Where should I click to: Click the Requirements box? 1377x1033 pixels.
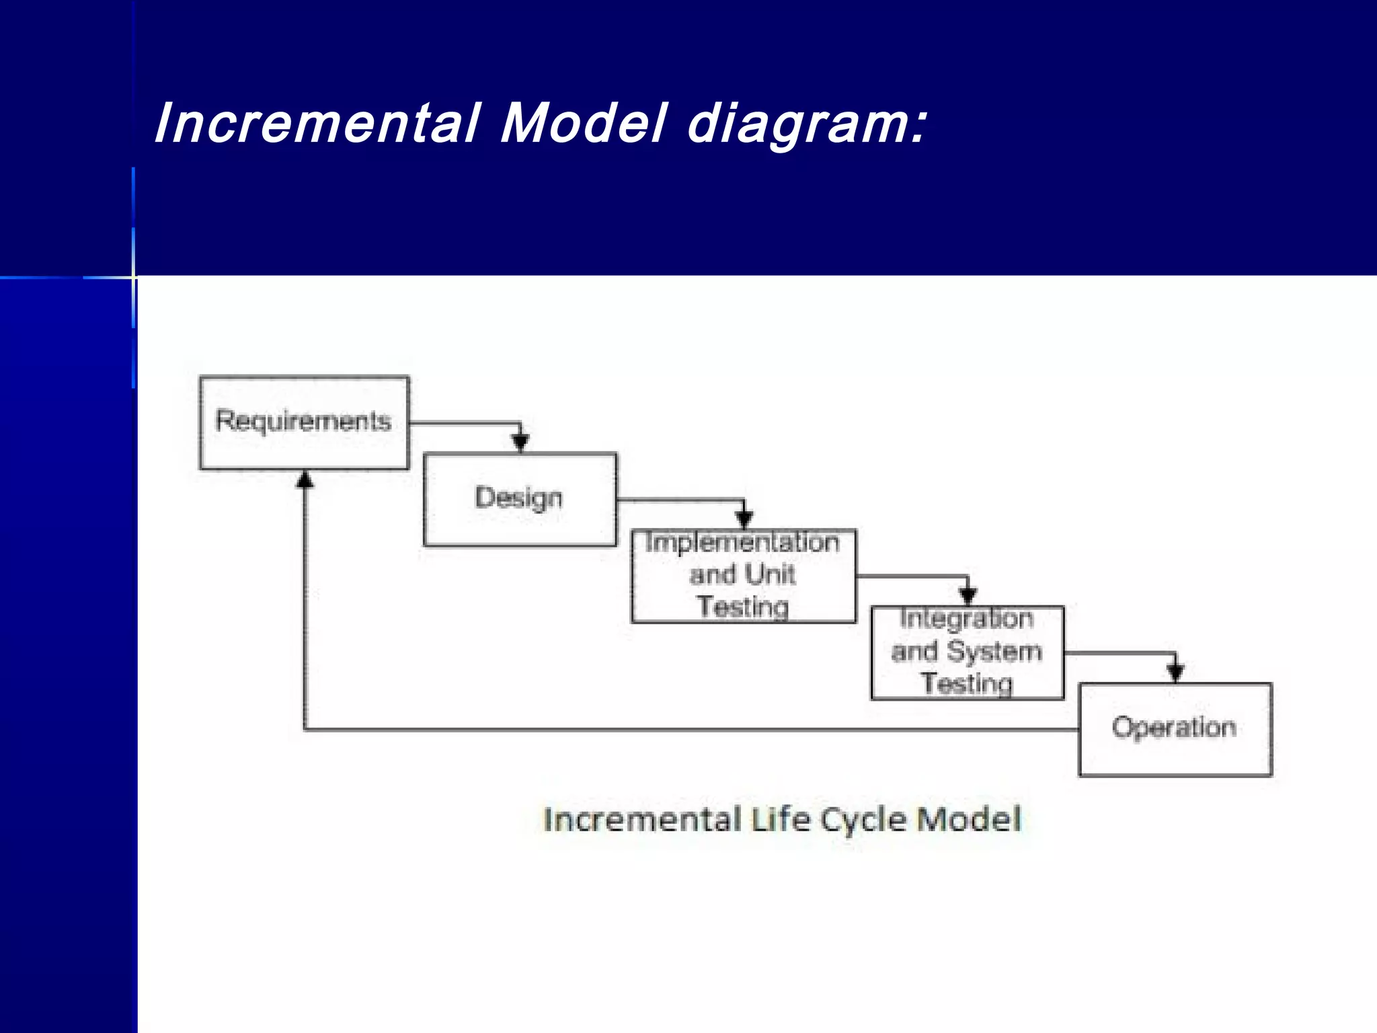(304, 422)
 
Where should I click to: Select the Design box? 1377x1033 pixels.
(519, 499)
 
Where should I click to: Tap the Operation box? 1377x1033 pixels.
(1174, 729)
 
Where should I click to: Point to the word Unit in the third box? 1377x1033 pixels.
(770, 575)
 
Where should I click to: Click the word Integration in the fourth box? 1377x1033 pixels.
(966, 619)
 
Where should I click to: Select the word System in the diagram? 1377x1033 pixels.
(994, 652)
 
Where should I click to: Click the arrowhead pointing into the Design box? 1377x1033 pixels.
(520, 443)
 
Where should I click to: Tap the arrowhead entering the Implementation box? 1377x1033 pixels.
(744, 519)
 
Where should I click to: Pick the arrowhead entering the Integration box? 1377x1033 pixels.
(968, 596)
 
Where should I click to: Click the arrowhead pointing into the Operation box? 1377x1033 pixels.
(1175, 672)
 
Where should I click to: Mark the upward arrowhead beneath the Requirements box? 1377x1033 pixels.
(305, 480)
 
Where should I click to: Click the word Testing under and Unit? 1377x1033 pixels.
(742, 607)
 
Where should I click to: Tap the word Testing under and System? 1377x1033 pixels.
(966, 684)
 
